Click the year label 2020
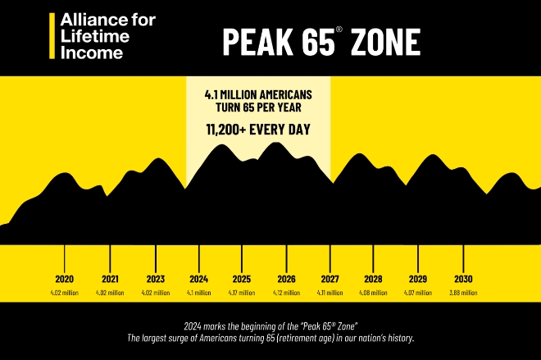[65, 278]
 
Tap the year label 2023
[156, 278]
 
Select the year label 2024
[198, 278]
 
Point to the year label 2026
[286, 278]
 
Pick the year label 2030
[463, 278]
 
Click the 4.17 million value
[242, 293]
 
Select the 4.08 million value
[374, 293]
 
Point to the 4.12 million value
[286, 293]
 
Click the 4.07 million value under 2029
[418, 293]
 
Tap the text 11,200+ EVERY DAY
[258, 129]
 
